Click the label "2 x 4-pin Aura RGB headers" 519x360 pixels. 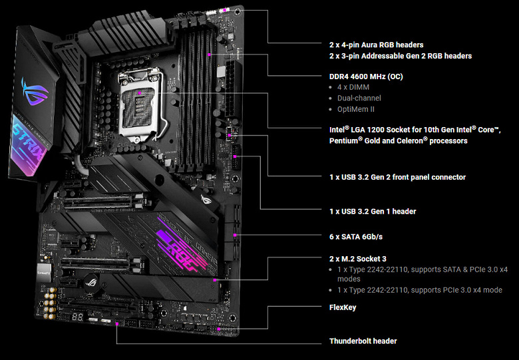(x=376, y=45)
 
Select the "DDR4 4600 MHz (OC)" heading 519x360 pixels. (x=366, y=77)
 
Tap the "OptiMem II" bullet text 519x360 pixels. (x=357, y=109)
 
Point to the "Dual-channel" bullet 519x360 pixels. (x=359, y=98)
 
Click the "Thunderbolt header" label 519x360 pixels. (x=363, y=341)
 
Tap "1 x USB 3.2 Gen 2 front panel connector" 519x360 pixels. (x=397, y=177)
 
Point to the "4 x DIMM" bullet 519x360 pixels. (x=353, y=87)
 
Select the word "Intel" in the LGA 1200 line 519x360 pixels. (x=339, y=129)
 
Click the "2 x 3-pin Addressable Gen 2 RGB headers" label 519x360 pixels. (x=401, y=56)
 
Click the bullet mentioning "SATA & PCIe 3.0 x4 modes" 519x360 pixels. (x=419, y=274)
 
